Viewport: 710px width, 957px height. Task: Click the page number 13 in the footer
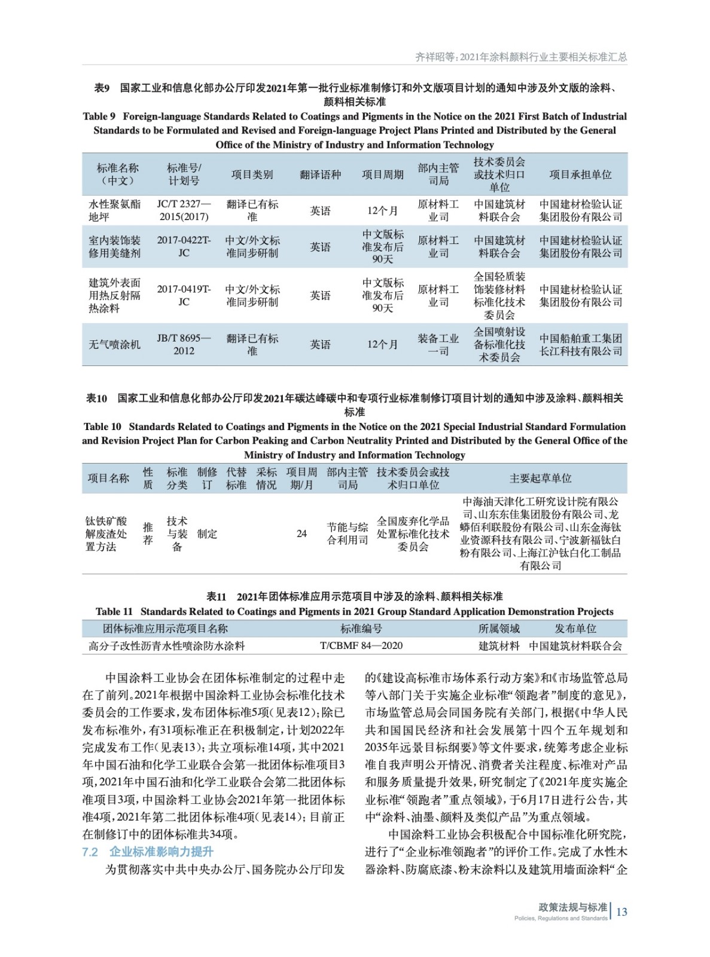click(621, 912)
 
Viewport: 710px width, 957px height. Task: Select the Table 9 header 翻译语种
click(320, 175)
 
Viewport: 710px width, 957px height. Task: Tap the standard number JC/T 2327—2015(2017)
click(184, 211)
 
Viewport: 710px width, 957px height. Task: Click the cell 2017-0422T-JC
click(184, 246)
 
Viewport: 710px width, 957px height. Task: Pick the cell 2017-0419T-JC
click(184, 295)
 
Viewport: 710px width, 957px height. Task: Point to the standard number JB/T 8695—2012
click(184, 345)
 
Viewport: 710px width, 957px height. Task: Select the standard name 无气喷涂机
click(114, 345)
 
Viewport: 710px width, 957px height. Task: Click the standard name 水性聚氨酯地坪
click(114, 211)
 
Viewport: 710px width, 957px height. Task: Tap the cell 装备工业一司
click(438, 345)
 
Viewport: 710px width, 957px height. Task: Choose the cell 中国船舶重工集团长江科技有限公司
click(580, 345)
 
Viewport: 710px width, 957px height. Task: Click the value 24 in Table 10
click(301, 534)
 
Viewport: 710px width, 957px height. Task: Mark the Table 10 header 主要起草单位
click(540, 478)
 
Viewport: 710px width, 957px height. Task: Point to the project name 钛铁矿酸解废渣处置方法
click(106, 534)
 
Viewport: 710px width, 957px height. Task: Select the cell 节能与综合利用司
click(347, 534)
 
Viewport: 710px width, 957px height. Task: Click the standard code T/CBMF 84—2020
click(361, 646)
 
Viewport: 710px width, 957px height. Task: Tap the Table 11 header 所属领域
click(499, 629)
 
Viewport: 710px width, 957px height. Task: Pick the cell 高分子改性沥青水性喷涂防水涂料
click(166, 646)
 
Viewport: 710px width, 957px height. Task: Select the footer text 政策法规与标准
click(572, 907)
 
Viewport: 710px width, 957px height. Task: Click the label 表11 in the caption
click(216, 596)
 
